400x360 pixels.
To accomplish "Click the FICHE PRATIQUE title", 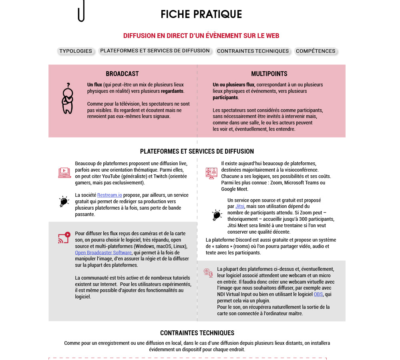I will (201, 14).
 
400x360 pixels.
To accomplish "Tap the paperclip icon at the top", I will (81, 11).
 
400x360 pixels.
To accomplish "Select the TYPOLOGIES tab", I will (76, 51).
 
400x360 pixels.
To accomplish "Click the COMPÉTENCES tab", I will (316, 51).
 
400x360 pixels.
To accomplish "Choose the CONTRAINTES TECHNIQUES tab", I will (253, 51).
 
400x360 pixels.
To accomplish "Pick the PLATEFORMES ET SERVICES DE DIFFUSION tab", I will (155, 51).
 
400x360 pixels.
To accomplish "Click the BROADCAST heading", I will (122, 74).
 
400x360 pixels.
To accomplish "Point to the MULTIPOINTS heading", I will (269, 74).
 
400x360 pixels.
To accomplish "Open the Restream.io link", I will (110, 195).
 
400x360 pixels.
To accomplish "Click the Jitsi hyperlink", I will (240, 206).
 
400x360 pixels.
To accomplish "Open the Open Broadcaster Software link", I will (103, 253).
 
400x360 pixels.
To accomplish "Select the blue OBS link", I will (318, 294).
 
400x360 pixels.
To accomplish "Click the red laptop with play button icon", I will (64, 172).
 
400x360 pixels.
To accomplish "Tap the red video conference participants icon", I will (211, 173).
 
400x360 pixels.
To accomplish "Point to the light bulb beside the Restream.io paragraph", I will (64, 201).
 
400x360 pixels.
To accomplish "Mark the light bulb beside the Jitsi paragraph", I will (217, 215).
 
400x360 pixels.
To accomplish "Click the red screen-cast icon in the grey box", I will (64, 238).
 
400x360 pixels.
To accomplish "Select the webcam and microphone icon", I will (208, 273).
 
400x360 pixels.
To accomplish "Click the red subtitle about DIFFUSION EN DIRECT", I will (201, 36).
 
